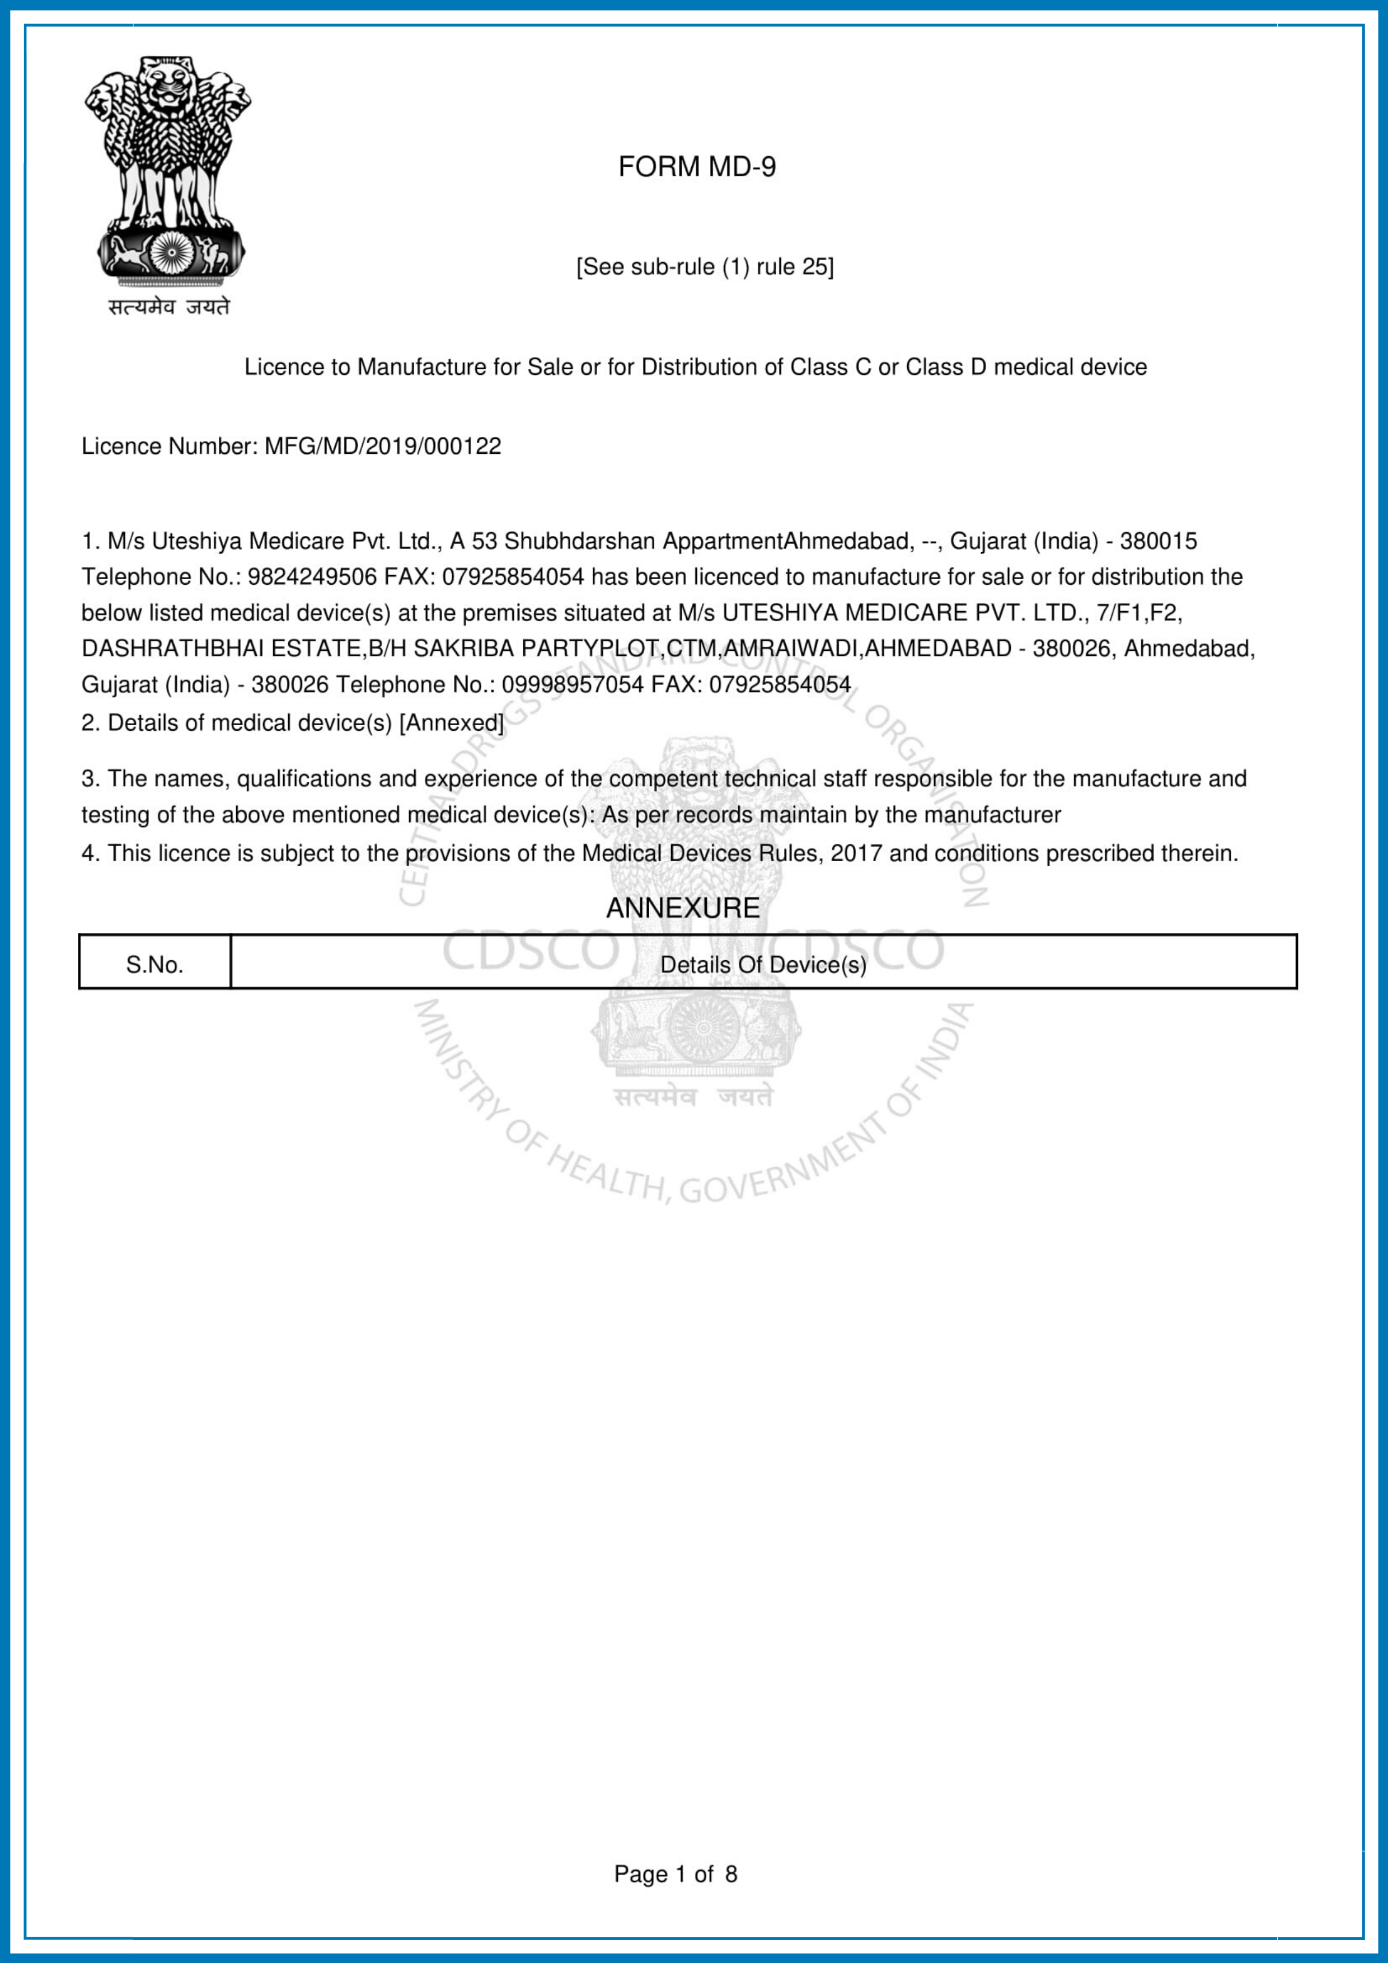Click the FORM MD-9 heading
[696, 167]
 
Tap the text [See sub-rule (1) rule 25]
[705, 267]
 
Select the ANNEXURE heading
[682, 908]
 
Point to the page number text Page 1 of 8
[675, 1874]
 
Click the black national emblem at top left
[168, 171]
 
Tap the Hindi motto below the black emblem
[168, 306]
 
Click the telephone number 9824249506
[312, 577]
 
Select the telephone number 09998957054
[572, 685]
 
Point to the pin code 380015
[1158, 541]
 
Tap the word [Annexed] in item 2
[452, 724]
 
